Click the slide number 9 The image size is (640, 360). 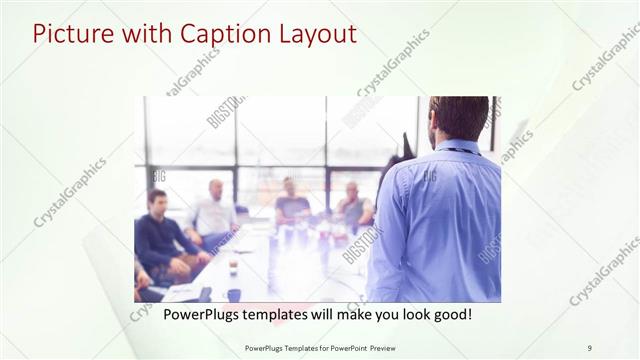[x=589, y=348]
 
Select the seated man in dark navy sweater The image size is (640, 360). [x=160, y=235]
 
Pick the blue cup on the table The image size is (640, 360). [x=233, y=294]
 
